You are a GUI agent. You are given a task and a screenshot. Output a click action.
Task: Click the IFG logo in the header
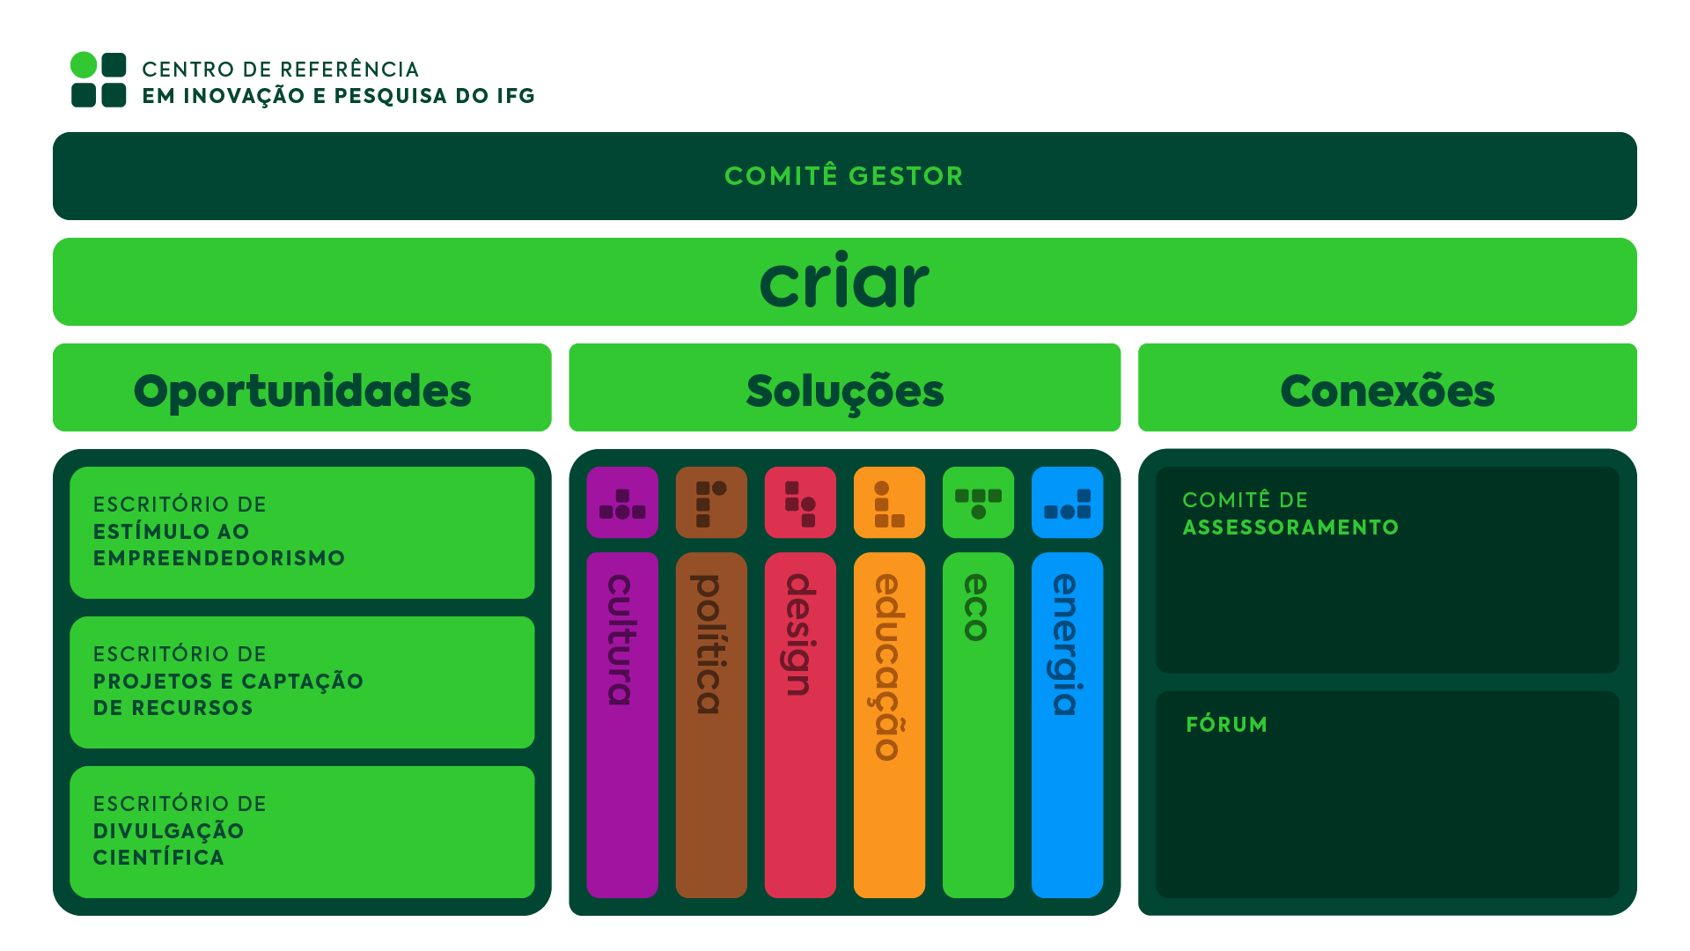point(99,80)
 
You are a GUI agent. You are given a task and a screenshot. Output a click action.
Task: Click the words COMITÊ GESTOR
point(844,176)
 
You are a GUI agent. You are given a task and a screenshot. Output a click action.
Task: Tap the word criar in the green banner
point(844,282)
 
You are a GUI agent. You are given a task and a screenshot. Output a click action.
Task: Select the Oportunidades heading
point(302,390)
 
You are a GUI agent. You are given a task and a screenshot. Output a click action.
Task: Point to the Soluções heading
point(844,390)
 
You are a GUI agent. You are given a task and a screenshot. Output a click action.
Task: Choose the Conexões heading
point(1387,390)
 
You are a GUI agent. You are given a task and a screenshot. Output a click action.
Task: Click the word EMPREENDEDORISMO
point(219,558)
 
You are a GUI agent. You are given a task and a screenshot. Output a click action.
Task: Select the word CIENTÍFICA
point(158,858)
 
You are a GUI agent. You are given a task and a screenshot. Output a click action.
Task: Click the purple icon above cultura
point(622,503)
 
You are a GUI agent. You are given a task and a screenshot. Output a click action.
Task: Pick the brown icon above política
point(711,503)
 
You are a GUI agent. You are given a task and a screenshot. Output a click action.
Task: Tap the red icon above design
point(800,503)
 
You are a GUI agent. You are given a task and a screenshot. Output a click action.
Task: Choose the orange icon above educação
point(889,503)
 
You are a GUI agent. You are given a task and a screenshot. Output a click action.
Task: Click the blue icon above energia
point(1067,503)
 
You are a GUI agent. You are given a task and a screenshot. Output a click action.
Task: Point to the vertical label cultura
point(621,639)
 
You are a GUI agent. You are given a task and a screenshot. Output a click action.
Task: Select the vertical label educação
point(888,667)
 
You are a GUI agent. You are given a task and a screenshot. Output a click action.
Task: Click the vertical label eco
point(977,608)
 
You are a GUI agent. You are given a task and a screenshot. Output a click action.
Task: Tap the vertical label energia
point(1066,645)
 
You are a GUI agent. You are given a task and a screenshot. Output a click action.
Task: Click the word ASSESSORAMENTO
point(1290,527)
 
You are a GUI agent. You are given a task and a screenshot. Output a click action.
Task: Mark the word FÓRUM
point(1226,725)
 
